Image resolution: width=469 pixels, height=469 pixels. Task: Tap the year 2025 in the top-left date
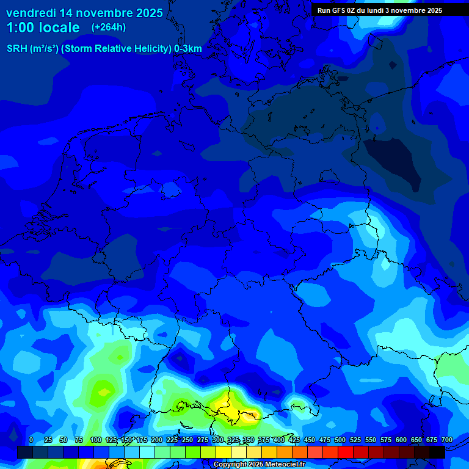coord(146,13)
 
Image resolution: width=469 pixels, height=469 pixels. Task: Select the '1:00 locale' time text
coord(43,27)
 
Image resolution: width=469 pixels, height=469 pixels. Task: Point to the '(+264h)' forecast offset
coord(109,27)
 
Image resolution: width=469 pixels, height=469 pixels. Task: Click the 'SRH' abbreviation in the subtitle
coord(17,49)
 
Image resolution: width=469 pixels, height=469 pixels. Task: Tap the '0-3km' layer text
coord(188,49)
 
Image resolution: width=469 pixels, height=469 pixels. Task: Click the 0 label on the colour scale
coord(31,440)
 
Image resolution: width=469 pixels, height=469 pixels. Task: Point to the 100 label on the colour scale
coord(96,440)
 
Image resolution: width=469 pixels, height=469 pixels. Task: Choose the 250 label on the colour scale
coord(187,440)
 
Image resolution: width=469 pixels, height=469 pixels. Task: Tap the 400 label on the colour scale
coord(279,440)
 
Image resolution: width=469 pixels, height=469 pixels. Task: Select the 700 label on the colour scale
coord(446,440)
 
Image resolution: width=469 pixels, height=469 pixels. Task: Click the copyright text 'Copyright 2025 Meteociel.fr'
coord(259,465)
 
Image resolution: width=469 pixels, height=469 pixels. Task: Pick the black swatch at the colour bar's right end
coord(437,452)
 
